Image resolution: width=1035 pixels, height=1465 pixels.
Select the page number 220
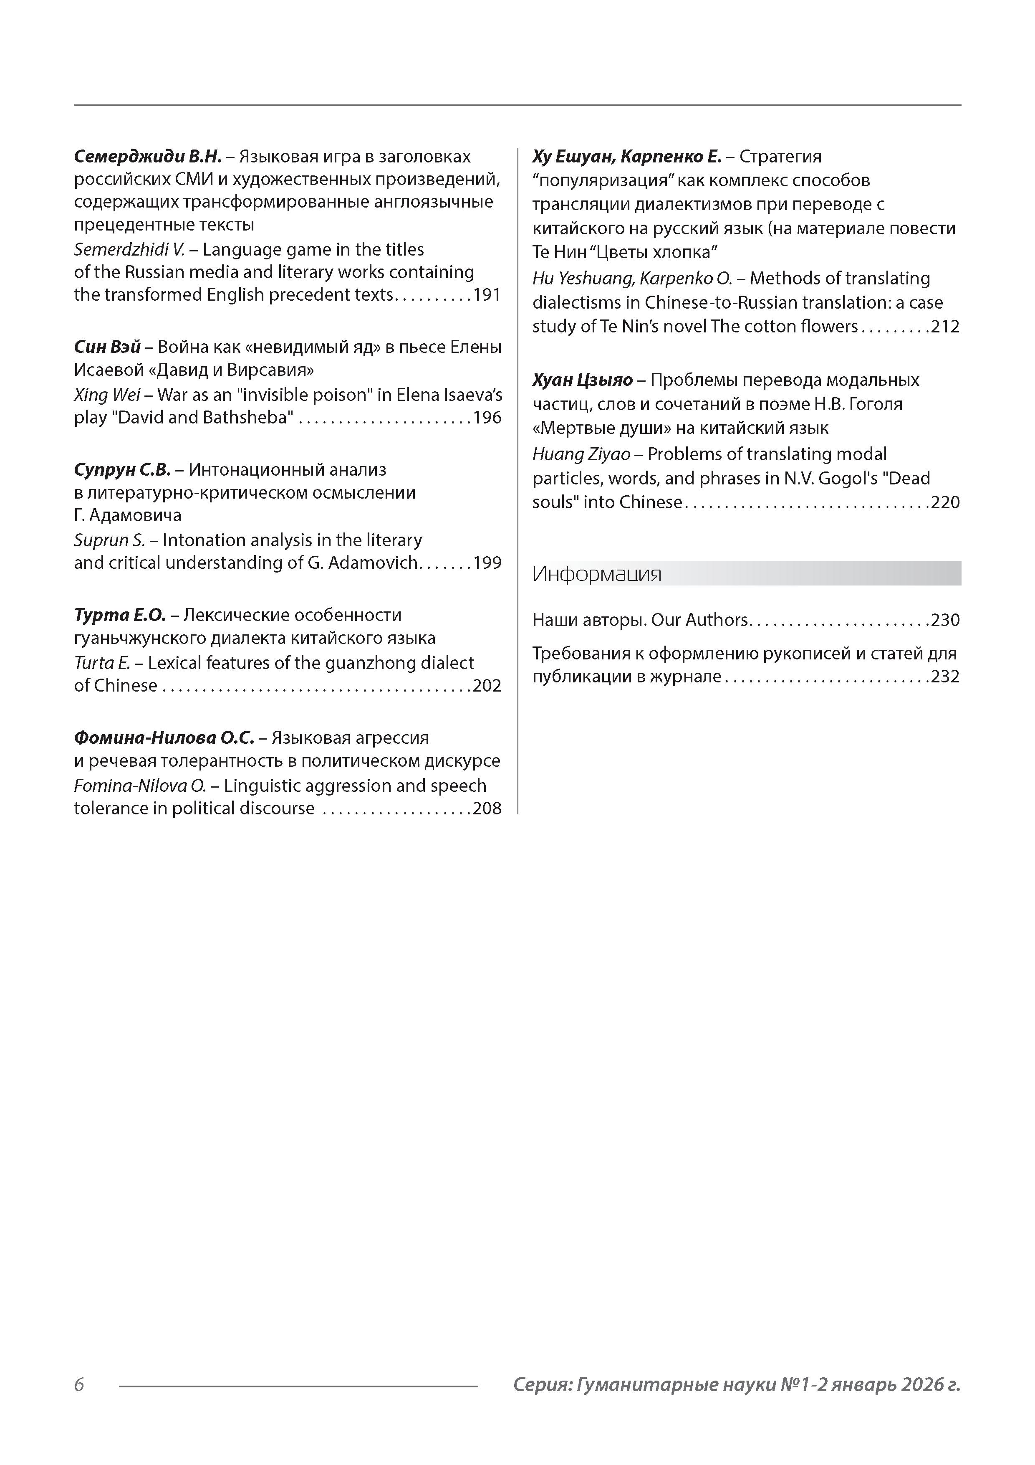pyautogui.click(x=945, y=503)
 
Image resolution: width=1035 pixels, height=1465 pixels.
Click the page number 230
pyautogui.click(x=945, y=620)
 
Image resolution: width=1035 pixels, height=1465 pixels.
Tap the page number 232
pyautogui.click(x=945, y=677)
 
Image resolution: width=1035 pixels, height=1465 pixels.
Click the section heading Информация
pyautogui.click(x=597, y=574)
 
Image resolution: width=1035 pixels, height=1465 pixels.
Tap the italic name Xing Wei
pyautogui.click(x=106, y=395)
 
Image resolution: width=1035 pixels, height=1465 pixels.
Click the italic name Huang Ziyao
pyautogui.click(x=581, y=454)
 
